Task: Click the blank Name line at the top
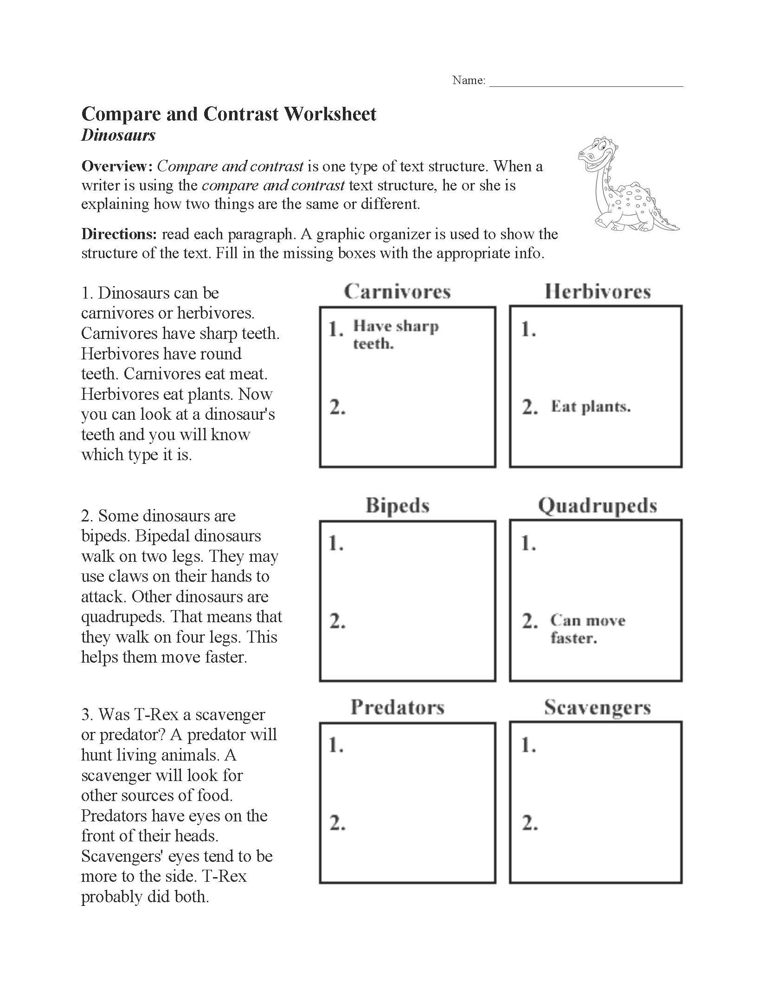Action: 586,82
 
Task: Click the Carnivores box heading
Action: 397,292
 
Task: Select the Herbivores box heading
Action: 598,292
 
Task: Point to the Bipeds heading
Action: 397,505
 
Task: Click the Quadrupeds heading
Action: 598,506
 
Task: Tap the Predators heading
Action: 398,707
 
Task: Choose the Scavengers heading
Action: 598,707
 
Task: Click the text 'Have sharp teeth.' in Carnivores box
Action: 395,334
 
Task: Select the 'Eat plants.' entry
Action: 591,407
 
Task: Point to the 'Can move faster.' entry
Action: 588,629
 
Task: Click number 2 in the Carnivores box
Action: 337,407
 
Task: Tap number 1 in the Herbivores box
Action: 528,330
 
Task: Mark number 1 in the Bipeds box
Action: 336,543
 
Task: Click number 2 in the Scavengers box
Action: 530,823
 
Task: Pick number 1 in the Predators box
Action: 336,745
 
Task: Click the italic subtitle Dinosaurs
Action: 118,135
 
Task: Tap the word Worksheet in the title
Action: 330,114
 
